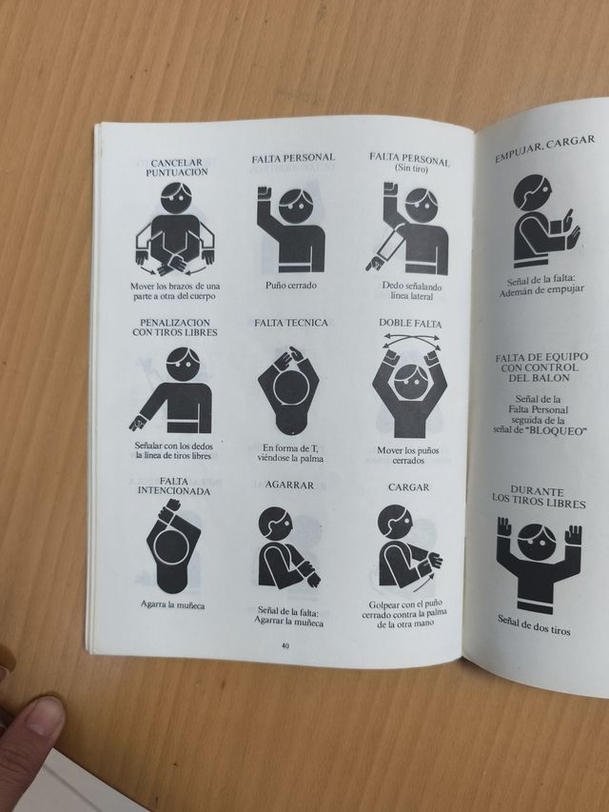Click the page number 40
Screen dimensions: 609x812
pos(285,645)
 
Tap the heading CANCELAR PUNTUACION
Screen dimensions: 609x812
pos(177,168)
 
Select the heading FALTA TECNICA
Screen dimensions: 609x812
pos(291,323)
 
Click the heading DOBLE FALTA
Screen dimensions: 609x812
pos(410,323)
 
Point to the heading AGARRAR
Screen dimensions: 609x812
pos(289,485)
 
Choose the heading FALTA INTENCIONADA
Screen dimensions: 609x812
pos(174,486)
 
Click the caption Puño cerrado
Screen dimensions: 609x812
pos(291,286)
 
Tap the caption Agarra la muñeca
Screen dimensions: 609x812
pos(173,604)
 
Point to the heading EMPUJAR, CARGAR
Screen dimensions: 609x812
pos(544,149)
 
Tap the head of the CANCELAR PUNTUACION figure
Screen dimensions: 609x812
pos(176,197)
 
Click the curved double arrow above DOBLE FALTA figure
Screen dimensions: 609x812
pos(411,339)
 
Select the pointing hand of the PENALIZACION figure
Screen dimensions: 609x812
pos(138,423)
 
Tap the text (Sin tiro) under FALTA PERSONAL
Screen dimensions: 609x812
pos(411,168)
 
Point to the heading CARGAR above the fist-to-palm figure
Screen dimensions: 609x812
pos(408,487)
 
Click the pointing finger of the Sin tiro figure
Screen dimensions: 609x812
pos(372,266)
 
